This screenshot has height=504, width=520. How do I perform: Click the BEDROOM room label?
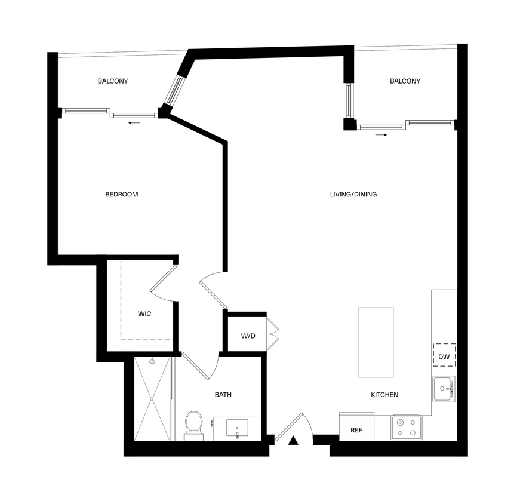tap(121, 194)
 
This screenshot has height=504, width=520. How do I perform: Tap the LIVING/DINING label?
tap(353, 194)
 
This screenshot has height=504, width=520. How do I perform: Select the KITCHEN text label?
tap(384, 395)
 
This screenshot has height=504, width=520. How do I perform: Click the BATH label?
tap(223, 395)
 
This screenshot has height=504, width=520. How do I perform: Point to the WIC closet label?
tap(144, 314)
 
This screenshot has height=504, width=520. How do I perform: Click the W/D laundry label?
tap(248, 336)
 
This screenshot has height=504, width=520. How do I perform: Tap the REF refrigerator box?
tap(356, 429)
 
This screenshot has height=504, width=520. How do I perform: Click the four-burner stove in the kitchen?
tap(406, 428)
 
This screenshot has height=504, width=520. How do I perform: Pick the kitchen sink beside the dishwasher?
tap(444, 388)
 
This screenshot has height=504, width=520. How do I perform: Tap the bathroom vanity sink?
tap(238, 428)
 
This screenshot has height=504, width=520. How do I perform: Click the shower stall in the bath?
tap(152, 398)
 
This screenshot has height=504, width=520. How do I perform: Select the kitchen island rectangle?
tap(375, 342)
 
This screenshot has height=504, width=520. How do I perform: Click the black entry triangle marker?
tap(293, 441)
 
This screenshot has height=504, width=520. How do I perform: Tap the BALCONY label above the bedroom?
tap(113, 81)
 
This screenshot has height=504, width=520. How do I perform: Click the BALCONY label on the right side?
tap(405, 81)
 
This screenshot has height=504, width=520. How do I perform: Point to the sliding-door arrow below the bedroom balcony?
tap(134, 123)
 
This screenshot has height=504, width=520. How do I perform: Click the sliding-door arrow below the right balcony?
tap(381, 135)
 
